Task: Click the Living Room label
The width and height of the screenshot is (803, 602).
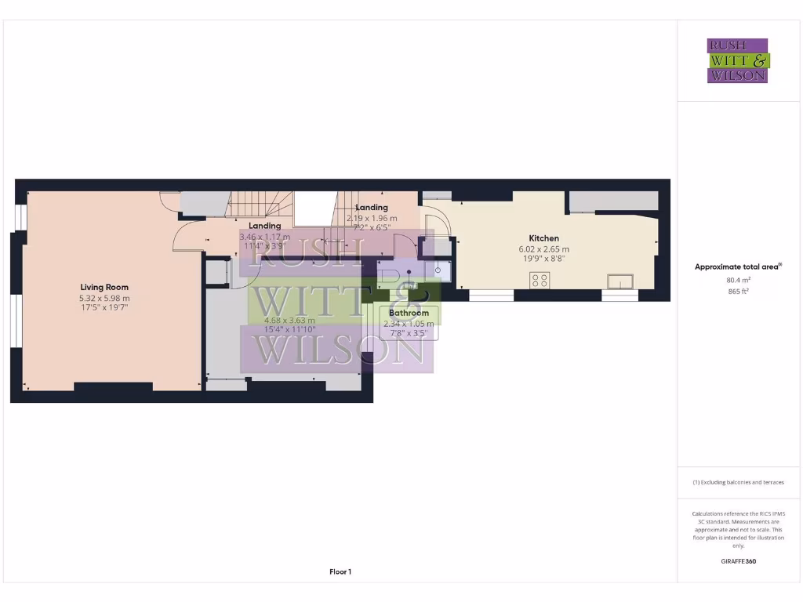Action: (104, 287)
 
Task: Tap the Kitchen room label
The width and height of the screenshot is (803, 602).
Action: (543, 238)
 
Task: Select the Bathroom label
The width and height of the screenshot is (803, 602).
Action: (409, 313)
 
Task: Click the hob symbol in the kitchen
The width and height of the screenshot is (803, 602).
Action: (540, 280)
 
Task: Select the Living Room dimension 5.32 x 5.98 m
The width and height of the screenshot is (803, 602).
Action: (104, 298)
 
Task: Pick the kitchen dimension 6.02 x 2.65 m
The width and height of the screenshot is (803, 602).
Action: (543, 249)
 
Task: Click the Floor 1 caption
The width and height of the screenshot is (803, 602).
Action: (340, 572)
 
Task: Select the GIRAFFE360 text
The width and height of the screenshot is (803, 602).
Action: (738, 561)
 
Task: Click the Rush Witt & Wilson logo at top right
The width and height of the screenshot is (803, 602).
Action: (738, 60)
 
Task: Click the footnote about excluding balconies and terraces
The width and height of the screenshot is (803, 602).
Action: (738, 482)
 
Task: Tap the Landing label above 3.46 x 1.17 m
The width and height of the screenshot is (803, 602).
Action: (265, 226)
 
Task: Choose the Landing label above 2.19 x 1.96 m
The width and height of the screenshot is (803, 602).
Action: (372, 208)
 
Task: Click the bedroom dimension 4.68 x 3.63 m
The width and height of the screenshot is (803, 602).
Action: (289, 320)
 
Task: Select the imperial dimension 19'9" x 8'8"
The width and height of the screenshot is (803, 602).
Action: (543, 259)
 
